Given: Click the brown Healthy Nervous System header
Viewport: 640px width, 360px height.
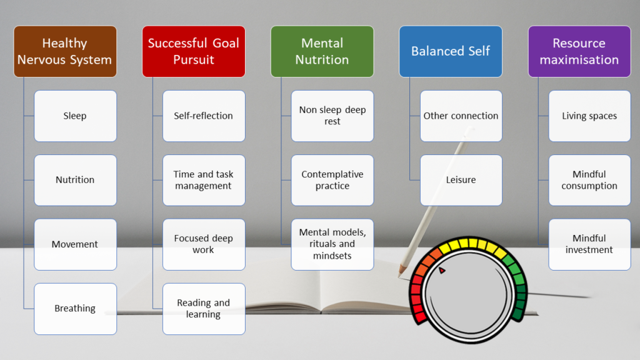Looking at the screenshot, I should pyautogui.click(x=65, y=51).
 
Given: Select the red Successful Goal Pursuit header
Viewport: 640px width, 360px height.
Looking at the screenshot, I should pyautogui.click(x=194, y=51).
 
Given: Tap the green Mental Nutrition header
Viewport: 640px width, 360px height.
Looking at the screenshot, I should pyautogui.click(x=322, y=51).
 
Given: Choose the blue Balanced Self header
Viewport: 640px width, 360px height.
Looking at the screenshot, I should pyautogui.click(x=451, y=51).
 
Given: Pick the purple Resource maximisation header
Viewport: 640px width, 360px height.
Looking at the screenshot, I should pyautogui.click(x=579, y=51).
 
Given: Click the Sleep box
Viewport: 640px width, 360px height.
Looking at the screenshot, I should pyautogui.click(x=75, y=116).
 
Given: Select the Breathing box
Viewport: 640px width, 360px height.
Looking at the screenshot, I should pyautogui.click(x=75, y=309).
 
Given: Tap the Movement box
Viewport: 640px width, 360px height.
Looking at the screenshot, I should pyautogui.click(x=75, y=244).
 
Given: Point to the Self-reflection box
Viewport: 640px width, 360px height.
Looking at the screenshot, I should pyautogui.click(x=204, y=116).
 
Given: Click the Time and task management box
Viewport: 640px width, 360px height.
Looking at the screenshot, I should pyautogui.click(x=204, y=180).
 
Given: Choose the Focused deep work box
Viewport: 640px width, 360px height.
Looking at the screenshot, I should pyautogui.click(x=204, y=244).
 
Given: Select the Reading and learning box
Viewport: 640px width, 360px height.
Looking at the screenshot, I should pyautogui.click(x=204, y=309).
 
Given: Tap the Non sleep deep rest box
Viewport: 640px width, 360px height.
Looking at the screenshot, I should pyautogui.click(x=332, y=116).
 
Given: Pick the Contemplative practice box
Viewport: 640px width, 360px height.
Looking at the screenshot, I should pyautogui.click(x=332, y=180).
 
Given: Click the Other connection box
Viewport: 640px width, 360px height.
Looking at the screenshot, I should pyautogui.click(x=461, y=116).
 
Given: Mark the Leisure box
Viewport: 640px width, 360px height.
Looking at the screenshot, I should pyautogui.click(x=461, y=180).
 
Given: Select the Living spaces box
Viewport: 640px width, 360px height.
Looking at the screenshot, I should pyautogui.click(x=589, y=116).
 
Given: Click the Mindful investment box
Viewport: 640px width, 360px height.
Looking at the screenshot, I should pyautogui.click(x=589, y=244).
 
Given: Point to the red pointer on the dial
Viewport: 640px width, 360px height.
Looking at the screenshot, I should pyautogui.click(x=442, y=271).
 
